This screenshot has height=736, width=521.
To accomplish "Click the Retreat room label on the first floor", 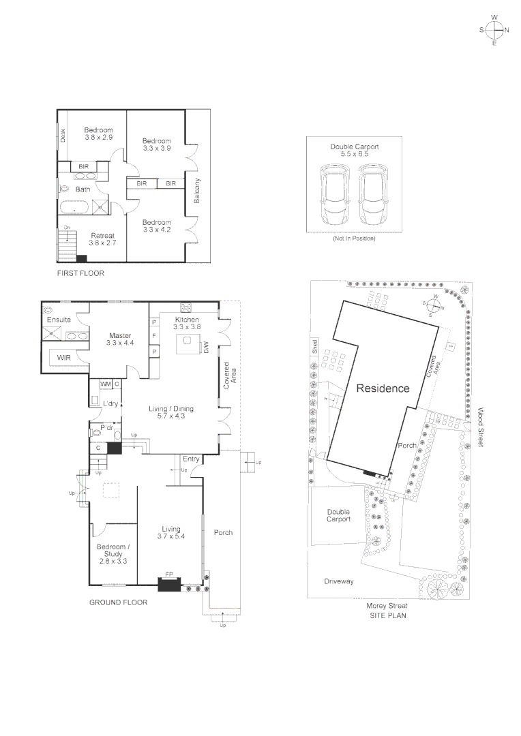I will click(102, 239).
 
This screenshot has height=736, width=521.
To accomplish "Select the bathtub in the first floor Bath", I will click(75, 207).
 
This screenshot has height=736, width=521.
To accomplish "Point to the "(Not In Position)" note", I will click(353, 239).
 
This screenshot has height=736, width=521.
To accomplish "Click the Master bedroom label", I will click(120, 339).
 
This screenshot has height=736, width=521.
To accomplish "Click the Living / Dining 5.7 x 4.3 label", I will click(171, 413).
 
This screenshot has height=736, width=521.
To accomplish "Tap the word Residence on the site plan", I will click(383, 388).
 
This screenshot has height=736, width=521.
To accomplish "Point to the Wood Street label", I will click(480, 427).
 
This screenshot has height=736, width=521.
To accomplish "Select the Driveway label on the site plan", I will click(339, 581).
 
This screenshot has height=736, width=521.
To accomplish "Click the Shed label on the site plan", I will click(314, 346).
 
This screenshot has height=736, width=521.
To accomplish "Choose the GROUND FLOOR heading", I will click(118, 602).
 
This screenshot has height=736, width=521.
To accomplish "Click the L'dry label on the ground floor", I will click(110, 404).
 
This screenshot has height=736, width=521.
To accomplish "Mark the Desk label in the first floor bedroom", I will click(62, 136).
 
